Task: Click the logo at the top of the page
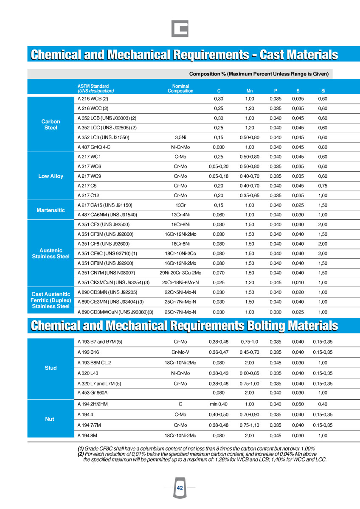[180, 28]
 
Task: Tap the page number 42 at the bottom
[180, 488]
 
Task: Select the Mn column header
[250, 91]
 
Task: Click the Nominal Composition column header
[181, 88]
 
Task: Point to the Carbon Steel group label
[51, 124]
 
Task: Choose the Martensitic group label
[51, 210]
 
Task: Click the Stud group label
[51, 368]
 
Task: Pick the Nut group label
[50, 419]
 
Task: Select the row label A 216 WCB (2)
[93, 99]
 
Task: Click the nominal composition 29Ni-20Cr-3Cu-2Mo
[180, 273]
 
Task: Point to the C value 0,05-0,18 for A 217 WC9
[219, 176]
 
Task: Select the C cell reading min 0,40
[219, 404]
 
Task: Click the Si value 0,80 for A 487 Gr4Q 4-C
[323, 147]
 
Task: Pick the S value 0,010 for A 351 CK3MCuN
[298, 282]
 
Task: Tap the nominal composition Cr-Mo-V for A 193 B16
[180, 352]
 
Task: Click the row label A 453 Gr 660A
[93, 393]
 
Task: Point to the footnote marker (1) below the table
[80, 449]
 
